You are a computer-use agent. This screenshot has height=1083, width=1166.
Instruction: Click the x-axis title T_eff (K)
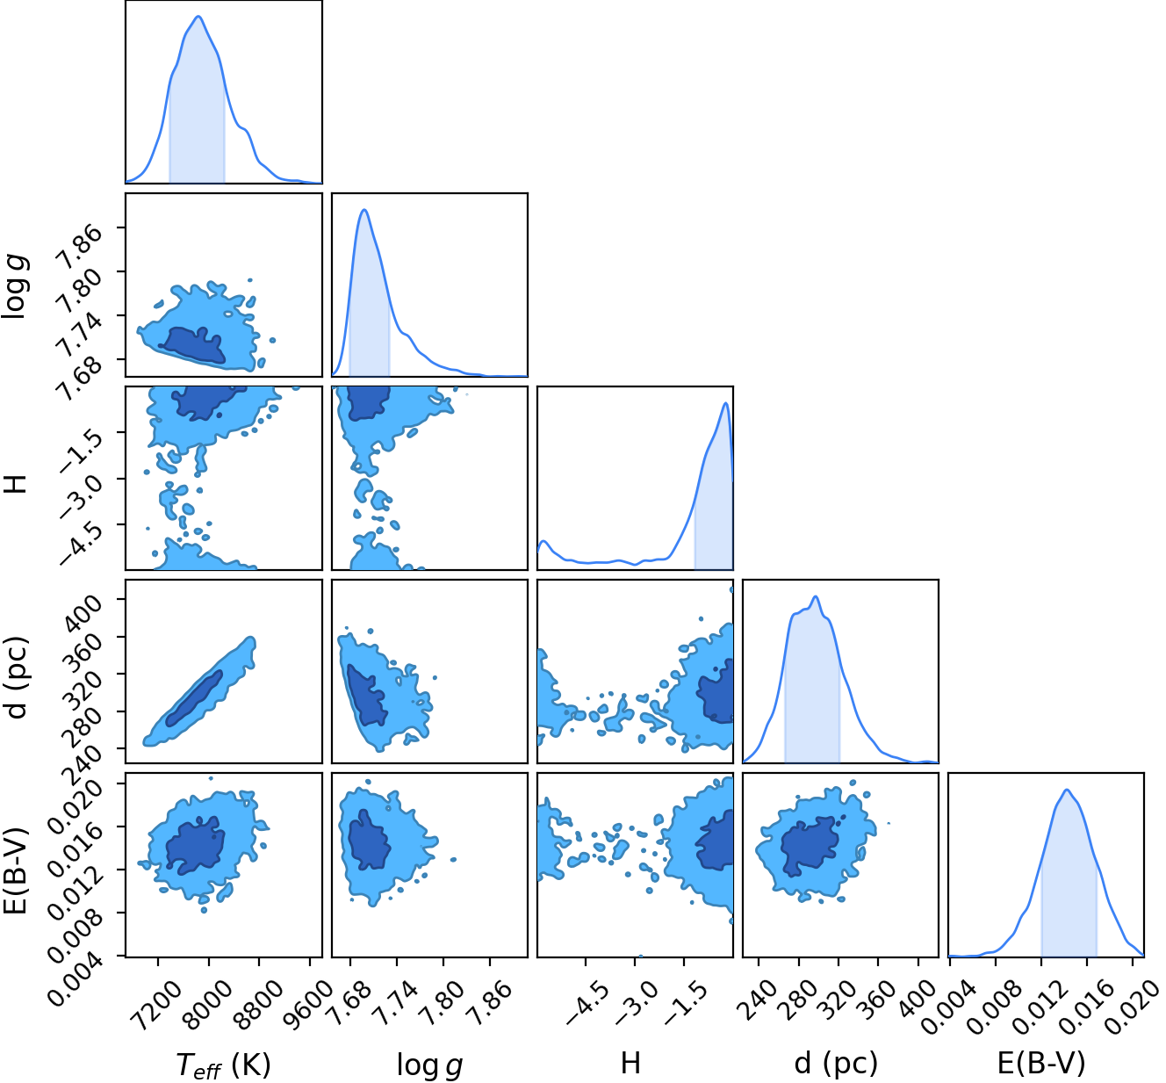pos(223,1065)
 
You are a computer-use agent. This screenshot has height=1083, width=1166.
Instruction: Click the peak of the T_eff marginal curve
pos(198,16)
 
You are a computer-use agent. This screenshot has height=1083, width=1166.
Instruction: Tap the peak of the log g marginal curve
pos(364,209)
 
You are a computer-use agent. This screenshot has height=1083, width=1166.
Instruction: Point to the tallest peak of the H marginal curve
pos(726,402)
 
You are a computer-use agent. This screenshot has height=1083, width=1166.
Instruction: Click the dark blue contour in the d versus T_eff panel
pos(194,698)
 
